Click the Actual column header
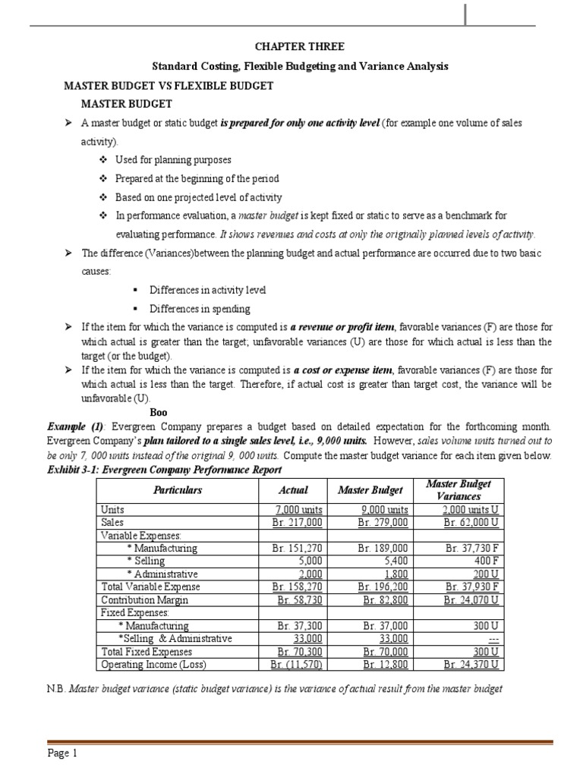coord(293,490)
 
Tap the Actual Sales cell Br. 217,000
coord(297,522)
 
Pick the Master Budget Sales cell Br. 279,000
coord(383,522)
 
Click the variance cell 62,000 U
coord(471,522)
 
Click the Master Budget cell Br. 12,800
coord(386,665)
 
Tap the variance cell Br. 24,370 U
coord(471,665)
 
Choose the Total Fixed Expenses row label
coord(147,651)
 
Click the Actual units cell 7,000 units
coord(297,510)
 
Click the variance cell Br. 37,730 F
coord(471,548)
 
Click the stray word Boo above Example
coord(158,412)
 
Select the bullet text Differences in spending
coord(199,309)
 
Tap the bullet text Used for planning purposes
coord(173,160)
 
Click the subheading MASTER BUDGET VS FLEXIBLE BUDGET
coord(168,86)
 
